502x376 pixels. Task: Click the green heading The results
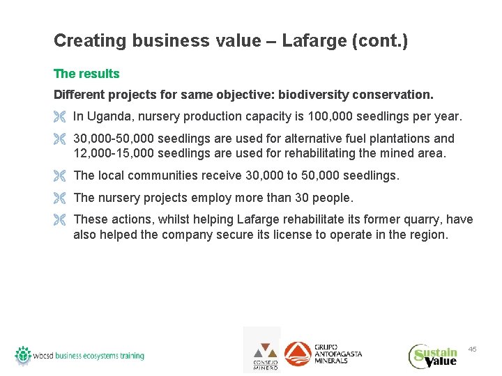pos(86,74)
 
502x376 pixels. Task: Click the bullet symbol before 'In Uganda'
pos(59,117)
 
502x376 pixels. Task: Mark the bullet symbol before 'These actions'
pos(59,221)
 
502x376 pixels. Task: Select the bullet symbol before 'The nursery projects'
pos(59,198)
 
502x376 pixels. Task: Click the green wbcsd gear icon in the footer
pos(24,355)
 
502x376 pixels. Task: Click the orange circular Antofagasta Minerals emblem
pos(298,354)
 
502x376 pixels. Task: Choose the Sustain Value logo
pos(433,355)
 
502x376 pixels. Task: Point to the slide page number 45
pos(472,348)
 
